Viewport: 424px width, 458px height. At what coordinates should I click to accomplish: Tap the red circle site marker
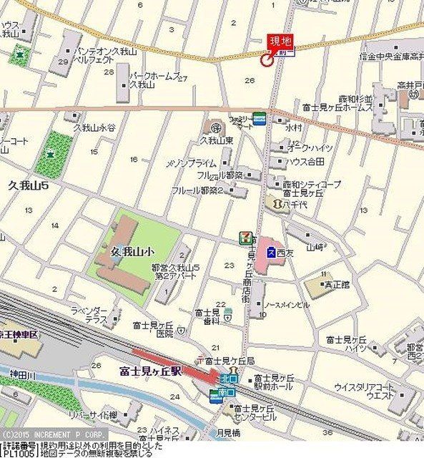coord(268,60)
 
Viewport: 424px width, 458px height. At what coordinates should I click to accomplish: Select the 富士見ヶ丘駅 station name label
coord(157,371)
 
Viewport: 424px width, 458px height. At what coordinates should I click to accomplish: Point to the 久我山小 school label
coord(133,252)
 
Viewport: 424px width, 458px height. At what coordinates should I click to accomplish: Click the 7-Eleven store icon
coord(245,238)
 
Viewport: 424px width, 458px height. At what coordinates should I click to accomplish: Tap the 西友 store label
coord(286,252)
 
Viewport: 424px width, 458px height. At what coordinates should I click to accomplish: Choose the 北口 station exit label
coord(228,378)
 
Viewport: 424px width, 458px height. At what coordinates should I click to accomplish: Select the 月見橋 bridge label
coord(227,433)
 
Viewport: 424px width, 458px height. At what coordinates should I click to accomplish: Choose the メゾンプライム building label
coord(191,162)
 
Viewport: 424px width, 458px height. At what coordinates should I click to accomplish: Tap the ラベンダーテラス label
coord(89,316)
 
